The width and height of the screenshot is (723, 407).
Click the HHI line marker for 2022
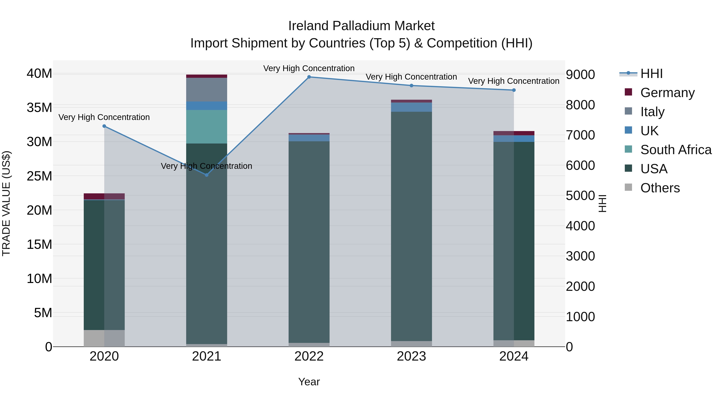pos(309,77)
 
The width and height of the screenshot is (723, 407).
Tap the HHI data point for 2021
pos(207,175)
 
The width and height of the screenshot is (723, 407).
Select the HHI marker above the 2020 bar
pos(104,126)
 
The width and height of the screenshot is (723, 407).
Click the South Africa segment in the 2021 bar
pos(207,127)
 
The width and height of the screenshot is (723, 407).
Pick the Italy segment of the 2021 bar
pos(207,90)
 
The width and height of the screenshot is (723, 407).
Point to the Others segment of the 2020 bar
pos(104,338)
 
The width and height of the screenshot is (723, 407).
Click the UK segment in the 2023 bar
pos(412,107)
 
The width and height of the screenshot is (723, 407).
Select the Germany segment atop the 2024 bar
pos(514,133)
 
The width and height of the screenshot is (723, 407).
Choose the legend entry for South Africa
pos(676,150)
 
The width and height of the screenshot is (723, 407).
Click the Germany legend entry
pos(667,93)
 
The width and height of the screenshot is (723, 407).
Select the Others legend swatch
pos(628,187)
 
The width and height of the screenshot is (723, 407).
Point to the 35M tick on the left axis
pos(39,108)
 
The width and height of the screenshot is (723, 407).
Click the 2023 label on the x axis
pos(412,356)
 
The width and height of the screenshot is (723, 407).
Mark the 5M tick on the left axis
pos(43,313)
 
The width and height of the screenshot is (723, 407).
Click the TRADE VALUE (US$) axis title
pos(6,203)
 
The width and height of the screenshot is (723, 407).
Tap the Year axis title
pos(309,382)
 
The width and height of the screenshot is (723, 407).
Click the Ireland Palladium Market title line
pos(361,26)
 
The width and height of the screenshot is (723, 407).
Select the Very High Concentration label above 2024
pos(514,81)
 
